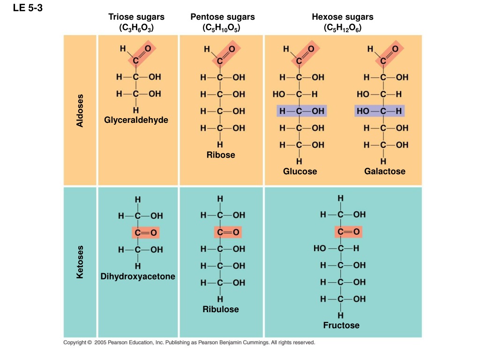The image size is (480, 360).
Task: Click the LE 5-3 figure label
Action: tap(28, 7)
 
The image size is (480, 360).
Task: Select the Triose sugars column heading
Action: tap(136, 16)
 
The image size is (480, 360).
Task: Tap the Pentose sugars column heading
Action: tap(223, 16)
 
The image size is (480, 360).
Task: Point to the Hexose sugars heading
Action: tap(343, 16)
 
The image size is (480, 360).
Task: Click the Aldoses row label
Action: tap(80, 111)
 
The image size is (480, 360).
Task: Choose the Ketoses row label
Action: tap(80, 262)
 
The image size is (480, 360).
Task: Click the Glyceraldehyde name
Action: tap(136, 120)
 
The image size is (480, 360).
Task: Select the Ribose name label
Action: tap(221, 155)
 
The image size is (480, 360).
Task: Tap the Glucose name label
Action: tap(300, 171)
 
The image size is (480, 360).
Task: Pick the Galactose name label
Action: tap(385, 171)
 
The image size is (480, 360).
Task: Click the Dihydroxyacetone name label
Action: tap(138, 276)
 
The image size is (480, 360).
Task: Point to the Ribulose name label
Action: tap(221, 309)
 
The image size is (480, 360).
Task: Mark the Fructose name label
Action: tap(341, 325)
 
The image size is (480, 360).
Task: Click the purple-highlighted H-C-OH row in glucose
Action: tap(301, 111)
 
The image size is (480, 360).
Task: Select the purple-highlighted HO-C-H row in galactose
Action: tap(380, 111)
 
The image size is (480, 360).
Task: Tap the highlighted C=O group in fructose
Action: tap(348, 232)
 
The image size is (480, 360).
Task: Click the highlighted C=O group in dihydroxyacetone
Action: tap(146, 232)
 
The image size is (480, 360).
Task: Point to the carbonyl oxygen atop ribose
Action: tap(232, 49)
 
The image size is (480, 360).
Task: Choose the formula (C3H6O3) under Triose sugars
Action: tap(136, 28)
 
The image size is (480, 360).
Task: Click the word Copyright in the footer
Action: tap(75, 342)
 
